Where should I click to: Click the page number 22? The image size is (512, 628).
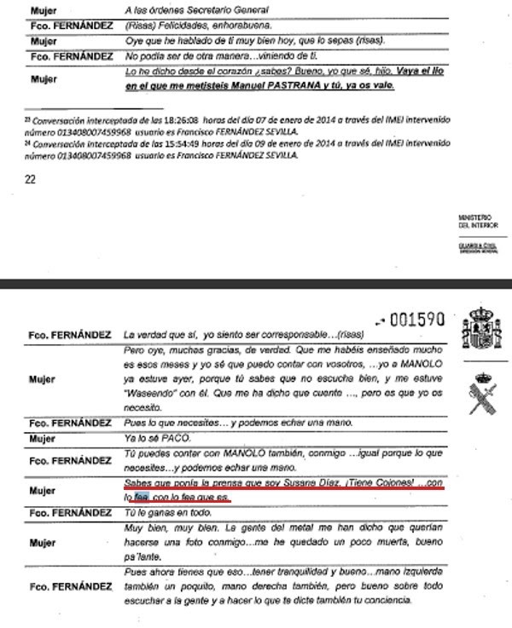click(31, 179)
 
